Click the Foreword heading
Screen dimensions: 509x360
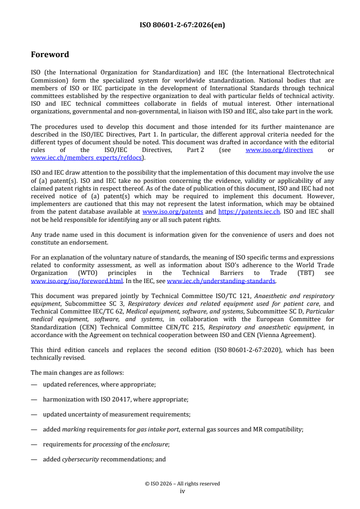click(50, 54)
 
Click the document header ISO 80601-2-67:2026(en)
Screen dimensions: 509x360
click(182, 25)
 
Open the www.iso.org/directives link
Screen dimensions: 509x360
click(279, 150)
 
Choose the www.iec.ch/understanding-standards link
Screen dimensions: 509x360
click(221, 281)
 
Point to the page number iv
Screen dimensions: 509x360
click(182, 491)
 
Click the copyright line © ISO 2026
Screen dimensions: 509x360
click(182, 484)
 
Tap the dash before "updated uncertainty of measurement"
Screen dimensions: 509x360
click(34, 414)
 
